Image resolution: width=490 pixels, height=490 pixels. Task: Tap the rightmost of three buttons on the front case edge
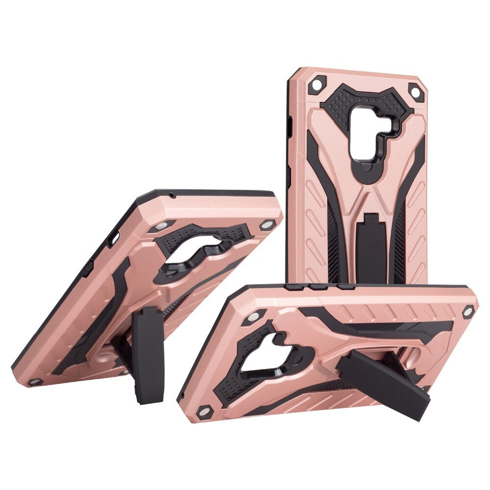tap(345, 287)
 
